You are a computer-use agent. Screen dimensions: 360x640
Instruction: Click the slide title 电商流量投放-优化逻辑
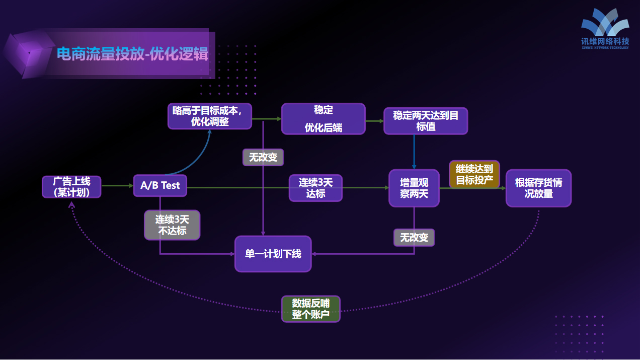pos(132,54)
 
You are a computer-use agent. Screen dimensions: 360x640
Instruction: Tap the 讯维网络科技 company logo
pos(605,29)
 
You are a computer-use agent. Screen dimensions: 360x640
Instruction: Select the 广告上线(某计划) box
pos(71,186)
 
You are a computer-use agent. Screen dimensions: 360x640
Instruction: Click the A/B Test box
pos(160,185)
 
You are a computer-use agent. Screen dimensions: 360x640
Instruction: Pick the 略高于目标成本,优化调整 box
pos(209,116)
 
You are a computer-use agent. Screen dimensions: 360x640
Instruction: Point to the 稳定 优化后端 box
pos(323,119)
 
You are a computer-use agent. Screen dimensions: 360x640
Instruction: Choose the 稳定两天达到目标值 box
pos(426,121)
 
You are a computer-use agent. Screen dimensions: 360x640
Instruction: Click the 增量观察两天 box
pos(414,188)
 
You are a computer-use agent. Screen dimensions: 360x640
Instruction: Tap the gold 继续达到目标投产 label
pos(474,174)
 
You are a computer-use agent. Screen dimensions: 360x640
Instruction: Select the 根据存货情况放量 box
pos(538,188)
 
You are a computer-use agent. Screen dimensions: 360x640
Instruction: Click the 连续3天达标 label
pos(315,188)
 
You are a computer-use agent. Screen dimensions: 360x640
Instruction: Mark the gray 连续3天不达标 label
pos(172,225)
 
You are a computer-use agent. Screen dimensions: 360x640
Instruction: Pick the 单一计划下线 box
pos(273,254)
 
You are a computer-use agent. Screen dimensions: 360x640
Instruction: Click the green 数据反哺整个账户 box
pos(310,309)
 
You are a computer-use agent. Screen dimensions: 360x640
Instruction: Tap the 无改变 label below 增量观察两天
pos(414,237)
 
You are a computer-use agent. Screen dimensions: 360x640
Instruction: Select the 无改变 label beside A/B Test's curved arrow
pos(263,157)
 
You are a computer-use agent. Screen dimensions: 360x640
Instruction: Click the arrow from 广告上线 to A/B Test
pos(117,186)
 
